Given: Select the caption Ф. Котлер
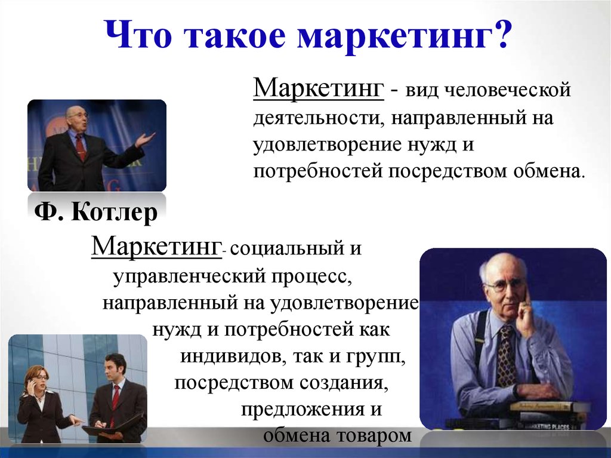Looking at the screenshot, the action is (x=96, y=212).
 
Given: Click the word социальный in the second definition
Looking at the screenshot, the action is (x=286, y=248).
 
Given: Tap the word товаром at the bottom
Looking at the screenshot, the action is (x=374, y=435).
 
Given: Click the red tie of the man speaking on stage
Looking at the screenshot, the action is (x=81, y=147).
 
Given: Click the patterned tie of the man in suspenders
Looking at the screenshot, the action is (x=507, y=355).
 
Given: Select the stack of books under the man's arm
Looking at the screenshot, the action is (x=545, y=414).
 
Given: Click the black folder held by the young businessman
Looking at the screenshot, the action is (x=110, y=427).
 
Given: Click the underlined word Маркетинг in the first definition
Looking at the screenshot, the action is (x=318, y=88).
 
